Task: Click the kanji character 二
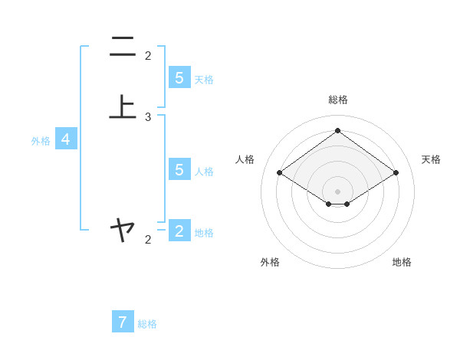click(x=122, y=47)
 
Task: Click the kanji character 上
click(x=122, y=106)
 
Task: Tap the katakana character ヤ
click(x=122, y=228)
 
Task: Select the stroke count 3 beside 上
click(x=148, y=117)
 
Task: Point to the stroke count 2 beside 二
click(x=148, y=55)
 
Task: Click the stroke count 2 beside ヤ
click(x=148, y=240)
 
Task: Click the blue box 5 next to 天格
click(x=179, y=77)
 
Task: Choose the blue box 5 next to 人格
click(x=179, y=169)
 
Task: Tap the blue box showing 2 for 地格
click(x=179, y=231)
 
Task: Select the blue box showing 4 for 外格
click(x=66, y=139)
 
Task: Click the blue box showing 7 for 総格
click(x=123, y=322)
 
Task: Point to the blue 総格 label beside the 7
click(x=147, y=324)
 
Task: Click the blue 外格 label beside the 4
click(x=41, y=141)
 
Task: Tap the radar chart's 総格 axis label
click(x=338, y=100)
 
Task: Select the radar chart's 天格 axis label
click(x=431, y=159)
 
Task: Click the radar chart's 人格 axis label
click(x=245, y=159)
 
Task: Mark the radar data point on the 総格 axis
click(x=337, y=130)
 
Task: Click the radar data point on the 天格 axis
click(x=396, y=173)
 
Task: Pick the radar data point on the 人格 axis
click(x=279, y=173)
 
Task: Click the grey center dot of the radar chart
click(x=337, y=191)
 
